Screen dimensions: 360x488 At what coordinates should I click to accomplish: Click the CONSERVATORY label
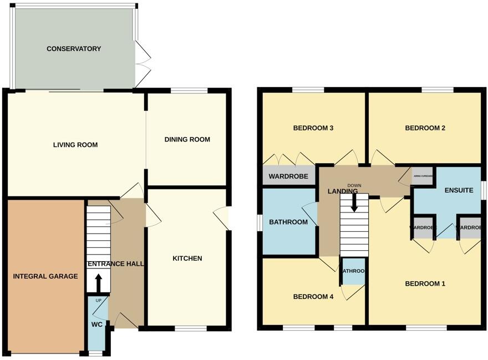74,49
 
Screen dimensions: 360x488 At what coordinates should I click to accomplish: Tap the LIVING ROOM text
75,145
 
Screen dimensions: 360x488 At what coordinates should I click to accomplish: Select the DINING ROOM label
187,140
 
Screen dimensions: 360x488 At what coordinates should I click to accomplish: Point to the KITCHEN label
187,258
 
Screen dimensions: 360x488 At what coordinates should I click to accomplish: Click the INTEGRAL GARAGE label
45,276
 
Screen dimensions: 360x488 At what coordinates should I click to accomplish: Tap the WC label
96,324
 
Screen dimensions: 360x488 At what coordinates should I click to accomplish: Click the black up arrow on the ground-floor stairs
99,283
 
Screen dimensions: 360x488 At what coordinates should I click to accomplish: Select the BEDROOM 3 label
313,128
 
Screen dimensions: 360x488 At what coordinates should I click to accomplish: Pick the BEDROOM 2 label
425,128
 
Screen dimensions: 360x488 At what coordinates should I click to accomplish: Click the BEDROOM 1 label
425,284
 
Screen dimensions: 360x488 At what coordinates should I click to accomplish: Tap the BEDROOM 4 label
313,297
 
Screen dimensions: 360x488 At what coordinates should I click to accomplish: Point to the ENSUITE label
459,190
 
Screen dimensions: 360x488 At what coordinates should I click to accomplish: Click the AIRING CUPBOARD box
423,176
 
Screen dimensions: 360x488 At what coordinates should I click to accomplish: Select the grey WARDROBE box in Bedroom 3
288,178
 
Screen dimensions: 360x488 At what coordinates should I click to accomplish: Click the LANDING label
343,191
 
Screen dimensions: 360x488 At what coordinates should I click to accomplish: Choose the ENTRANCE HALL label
116,264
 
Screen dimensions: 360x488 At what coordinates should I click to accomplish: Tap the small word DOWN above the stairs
354,185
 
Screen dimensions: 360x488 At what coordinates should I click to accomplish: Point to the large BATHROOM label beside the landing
288,222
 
